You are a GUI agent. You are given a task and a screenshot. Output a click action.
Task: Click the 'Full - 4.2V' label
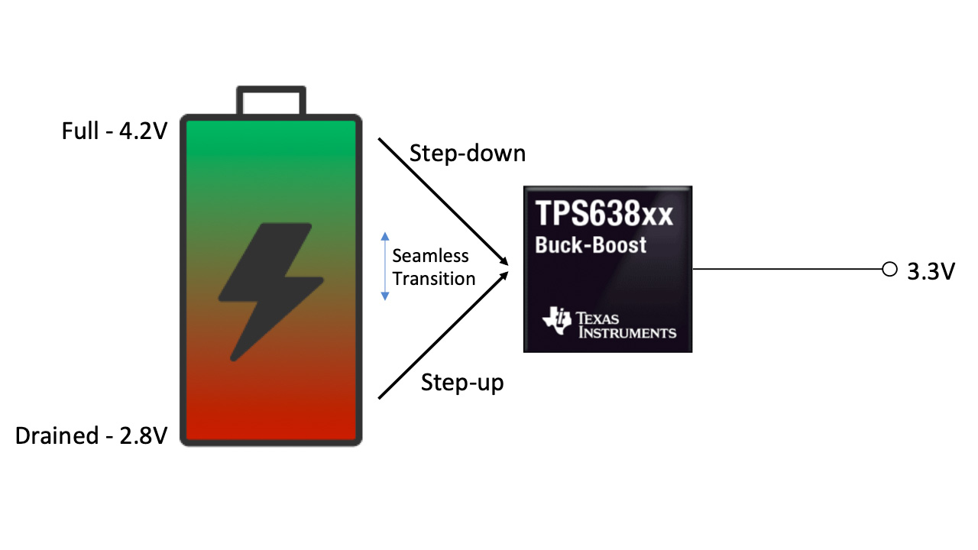[113, 131]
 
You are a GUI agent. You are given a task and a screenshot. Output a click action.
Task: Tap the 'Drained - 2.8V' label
[90, 435]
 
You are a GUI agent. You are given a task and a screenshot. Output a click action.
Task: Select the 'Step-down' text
[468, 153]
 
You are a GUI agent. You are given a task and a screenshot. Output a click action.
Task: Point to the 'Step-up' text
[462, 382]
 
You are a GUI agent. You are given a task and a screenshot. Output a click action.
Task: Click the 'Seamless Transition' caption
[433, 267]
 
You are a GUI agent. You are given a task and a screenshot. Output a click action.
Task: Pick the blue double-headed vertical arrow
[385, 265]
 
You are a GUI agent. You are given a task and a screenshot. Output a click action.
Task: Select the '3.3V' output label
[931, 272]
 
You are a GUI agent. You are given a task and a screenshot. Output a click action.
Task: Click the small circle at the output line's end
[889, 269]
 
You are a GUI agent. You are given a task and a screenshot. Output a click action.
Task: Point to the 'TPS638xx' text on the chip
[604, 215]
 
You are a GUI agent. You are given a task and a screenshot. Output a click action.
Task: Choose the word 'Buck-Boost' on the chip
[591, 245]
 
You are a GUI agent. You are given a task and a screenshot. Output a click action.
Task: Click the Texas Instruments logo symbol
[556, 322]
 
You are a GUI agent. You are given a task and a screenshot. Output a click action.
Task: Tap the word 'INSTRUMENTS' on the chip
[627, 332]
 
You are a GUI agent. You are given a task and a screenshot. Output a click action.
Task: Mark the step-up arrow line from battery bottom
[443, 335]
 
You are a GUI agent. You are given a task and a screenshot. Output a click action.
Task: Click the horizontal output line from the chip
[787, 269]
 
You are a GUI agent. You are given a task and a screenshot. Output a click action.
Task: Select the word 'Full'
[79, 131]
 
